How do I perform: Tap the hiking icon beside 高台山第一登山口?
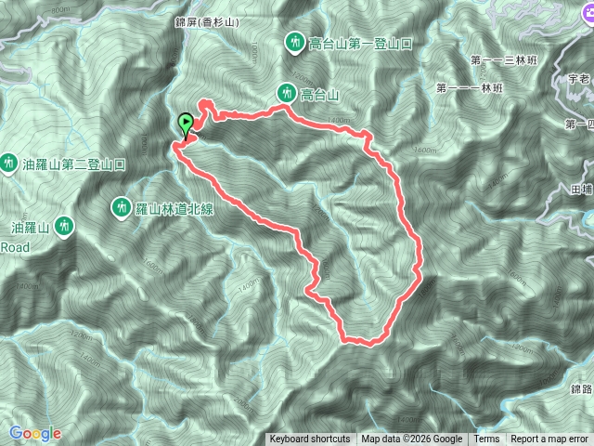click(295, 42)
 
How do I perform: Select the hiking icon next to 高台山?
click(287, 92)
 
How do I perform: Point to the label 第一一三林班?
click(505, 60)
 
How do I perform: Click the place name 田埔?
click(583, 189)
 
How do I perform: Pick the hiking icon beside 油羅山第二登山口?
click(9, 164)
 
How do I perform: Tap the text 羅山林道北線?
click(175, 208)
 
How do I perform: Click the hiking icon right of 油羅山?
click(64, 225)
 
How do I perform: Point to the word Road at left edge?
click(15, 247)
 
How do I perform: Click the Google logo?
click(34, 433)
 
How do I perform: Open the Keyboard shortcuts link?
click(309, 439)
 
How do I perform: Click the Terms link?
click(486, 439)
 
